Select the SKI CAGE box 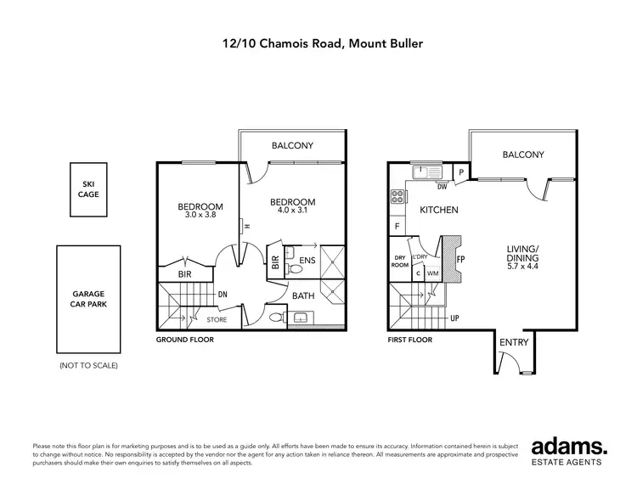[x=90, y=189]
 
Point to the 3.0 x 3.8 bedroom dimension [x=200, y=216]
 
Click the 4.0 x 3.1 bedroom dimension [x=292, y=211]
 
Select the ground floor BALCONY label [x=292, y=146]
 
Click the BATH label [x=304, y=295]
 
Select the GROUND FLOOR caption [x=184, y=339]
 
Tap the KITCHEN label [x=440, y=210]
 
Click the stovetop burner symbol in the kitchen [x=397, y=198]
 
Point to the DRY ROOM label [x=400, y=261]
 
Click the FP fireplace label [x=459, y=259]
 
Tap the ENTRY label [x=514, y=342]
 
